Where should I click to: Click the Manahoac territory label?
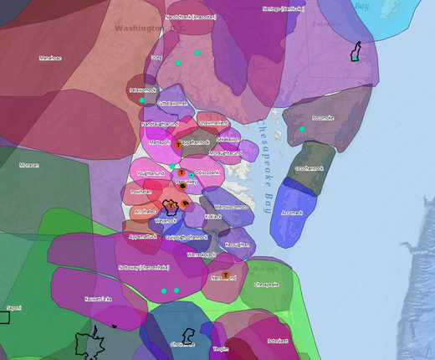[51, 58]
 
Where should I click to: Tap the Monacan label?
[30, 165]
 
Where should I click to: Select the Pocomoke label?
[322, 118]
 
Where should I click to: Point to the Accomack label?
[292, 213]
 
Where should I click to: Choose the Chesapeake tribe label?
[265, 284]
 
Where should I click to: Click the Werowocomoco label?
[229, 206]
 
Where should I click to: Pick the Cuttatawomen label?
[173, 103]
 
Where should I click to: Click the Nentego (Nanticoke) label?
[284, 9]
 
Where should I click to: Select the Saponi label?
[13, 308]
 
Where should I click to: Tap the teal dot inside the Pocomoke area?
[301, 129]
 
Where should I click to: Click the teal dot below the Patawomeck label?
[142, 100]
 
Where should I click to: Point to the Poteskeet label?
[277, 341]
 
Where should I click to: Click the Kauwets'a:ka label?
[98, 299]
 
